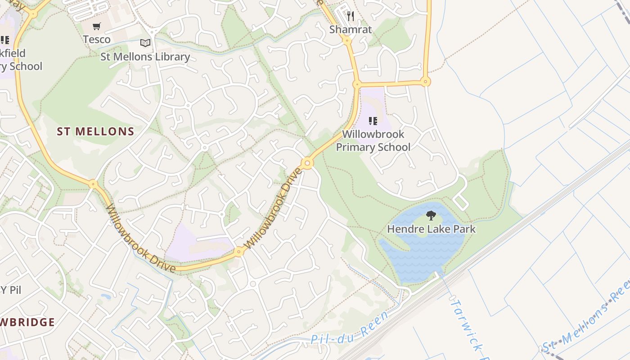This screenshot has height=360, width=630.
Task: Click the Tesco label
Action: click(x=97, y=40)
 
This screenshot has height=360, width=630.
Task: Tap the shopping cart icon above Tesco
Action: click(x=97, y=27)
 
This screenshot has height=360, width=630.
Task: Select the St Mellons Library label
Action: click(x=145, y=57)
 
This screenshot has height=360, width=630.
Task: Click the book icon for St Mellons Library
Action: click(x=145, y=43)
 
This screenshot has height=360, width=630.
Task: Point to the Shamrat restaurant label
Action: click(x=351, y=30)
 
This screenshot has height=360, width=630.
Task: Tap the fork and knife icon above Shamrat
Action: click(x=351, y=17)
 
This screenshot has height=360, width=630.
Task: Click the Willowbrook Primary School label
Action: click(x=373, y=140)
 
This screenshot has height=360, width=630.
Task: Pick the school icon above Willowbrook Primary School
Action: click(x=373, y=121)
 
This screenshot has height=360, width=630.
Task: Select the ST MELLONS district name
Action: click(x=95, y=132)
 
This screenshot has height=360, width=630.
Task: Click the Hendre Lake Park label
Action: click(x=431, y=229)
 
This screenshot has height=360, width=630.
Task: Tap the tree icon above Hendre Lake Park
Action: click(x=431, y=216)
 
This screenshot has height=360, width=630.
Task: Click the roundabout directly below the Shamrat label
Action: click(x=347, y=40)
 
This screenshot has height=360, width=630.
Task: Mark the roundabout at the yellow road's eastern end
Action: click(x=425, y=82)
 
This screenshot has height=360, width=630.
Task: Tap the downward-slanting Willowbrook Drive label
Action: click(x=140, y=239)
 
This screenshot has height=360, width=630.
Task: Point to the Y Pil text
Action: click(x=11, y=290)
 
